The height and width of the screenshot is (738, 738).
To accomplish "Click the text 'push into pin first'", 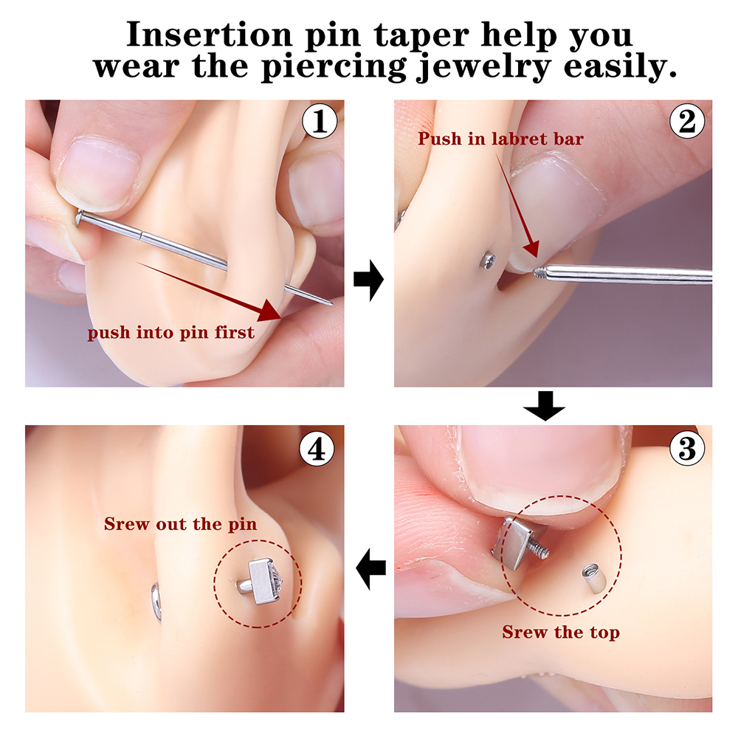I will coord(171,333).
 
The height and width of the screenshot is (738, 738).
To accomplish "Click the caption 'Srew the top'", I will coord(561,632).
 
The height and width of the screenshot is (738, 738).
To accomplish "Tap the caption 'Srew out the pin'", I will coord(180,524).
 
